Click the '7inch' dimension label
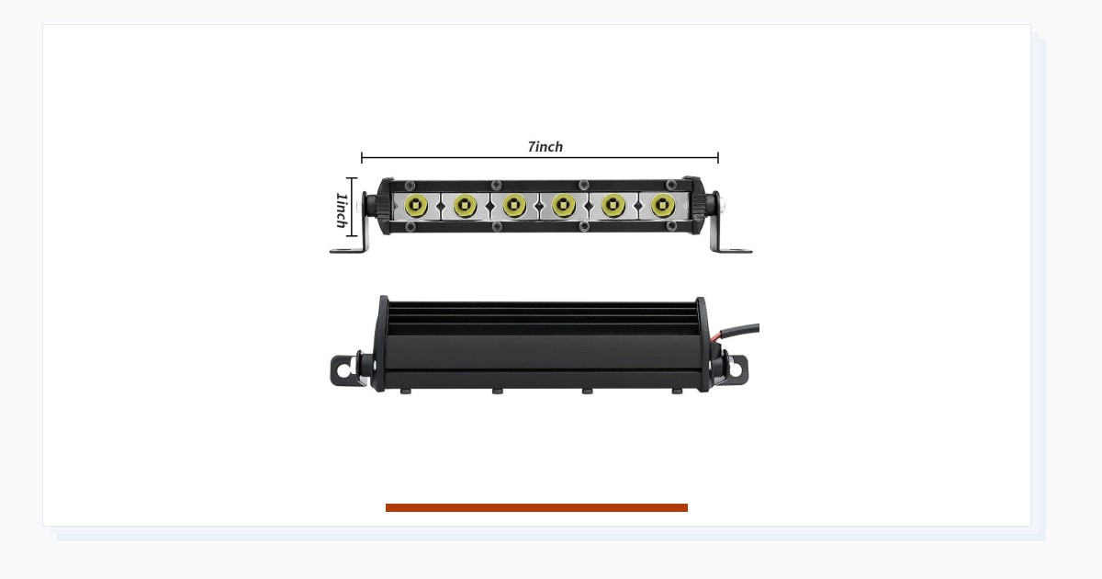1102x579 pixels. [x=545, y=147]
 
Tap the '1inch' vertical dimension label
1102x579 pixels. [x=342, y=210]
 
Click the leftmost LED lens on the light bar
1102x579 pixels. [x=416, y=205]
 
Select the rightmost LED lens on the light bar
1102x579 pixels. [x=663, y=205]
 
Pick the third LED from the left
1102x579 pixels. [x=514, y=205]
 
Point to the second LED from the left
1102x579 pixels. [x=466, y=205]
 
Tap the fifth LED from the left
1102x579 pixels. [x=613, y=205]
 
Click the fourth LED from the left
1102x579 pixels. [x=564, y=205]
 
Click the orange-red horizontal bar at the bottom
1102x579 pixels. [x=536, y=507]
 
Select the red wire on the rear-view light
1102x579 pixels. [x=717, y=336]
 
